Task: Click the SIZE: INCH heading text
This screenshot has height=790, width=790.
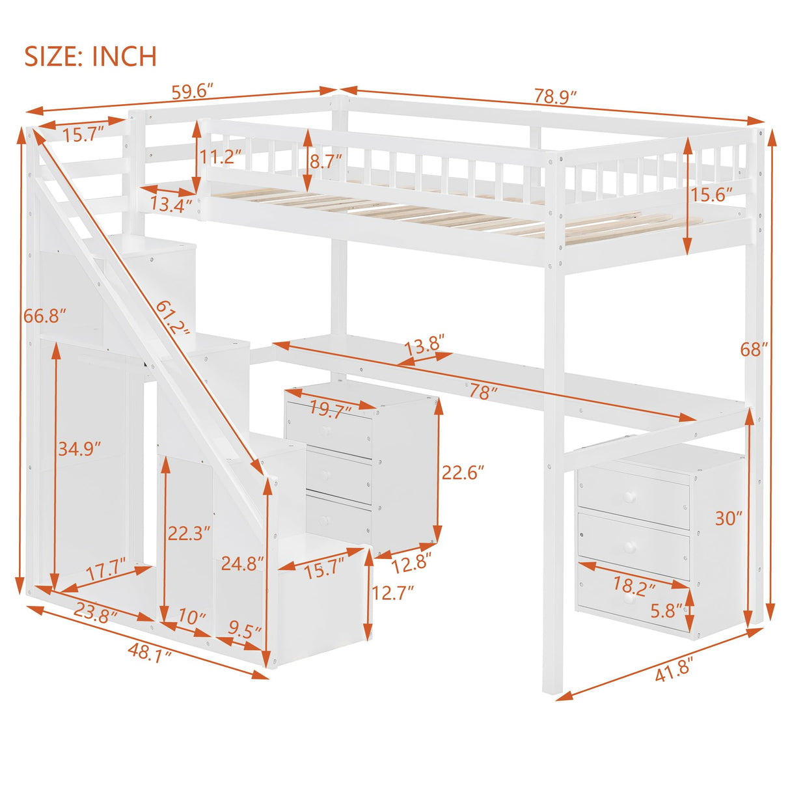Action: tap(90, 57)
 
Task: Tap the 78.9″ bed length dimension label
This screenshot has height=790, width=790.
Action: tap(556, 96)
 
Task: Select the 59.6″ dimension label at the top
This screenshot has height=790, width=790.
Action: tap(193, 91)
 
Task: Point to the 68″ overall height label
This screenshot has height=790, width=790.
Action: tap(754, 349)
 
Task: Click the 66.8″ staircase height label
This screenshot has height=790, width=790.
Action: tap(45, 316)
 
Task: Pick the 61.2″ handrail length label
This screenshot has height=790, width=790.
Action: tap(172, 318)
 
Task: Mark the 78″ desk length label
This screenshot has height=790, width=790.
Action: tap(484, 392)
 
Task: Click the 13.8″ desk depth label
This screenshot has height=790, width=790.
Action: tap(424, 344)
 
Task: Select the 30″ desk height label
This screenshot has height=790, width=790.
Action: tap(728, 518)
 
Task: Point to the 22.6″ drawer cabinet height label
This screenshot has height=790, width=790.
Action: tap(464, 472)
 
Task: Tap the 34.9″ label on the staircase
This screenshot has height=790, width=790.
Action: tap(79, 449)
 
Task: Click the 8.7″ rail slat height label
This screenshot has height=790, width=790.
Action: tap(326, 161)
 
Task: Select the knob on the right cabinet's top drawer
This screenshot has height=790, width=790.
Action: tap(629, 498)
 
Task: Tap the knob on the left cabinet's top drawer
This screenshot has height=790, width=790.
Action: tap(326, 430)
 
